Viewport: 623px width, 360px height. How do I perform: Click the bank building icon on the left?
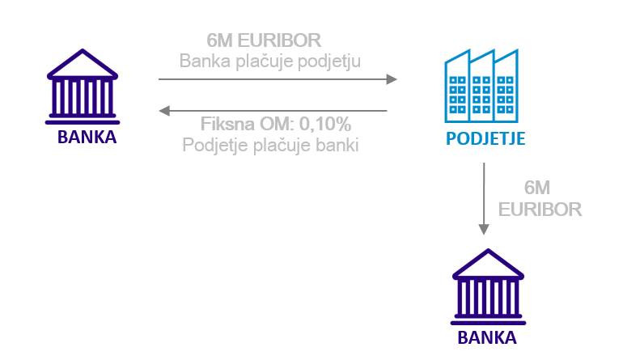coord(83,87)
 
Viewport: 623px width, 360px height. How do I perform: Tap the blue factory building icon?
coord(481,86)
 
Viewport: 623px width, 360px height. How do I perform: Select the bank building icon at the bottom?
coord(489,287)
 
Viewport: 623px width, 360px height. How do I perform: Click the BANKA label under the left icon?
coord(87,137)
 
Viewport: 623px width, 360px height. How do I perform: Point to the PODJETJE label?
coord(485,138)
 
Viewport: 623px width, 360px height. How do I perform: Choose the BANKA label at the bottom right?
coord(487,337)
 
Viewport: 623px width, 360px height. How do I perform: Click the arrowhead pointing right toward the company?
coord(392,79)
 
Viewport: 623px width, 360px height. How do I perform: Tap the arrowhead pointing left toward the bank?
coord(164,111)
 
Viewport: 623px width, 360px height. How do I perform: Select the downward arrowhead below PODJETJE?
coord(484,229)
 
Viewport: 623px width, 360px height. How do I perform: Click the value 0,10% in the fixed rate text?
coord(325,124)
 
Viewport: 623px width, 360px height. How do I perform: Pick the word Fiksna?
coord(227,124)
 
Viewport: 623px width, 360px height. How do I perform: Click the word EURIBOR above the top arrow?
coord(280,40)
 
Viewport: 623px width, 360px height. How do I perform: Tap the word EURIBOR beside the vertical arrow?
coord(540,210)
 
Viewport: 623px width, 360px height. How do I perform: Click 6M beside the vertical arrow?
coord(537,188)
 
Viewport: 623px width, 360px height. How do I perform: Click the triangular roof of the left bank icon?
coord(83,64)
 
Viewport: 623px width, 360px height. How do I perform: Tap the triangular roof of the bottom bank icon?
coord(489,264)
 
